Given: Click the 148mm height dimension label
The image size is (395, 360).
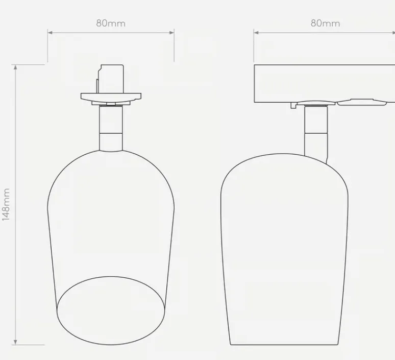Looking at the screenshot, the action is pos(6,204).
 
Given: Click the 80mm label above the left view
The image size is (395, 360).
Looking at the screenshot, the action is pos(111,23).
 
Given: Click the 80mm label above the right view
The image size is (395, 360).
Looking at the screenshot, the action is pos(325,23).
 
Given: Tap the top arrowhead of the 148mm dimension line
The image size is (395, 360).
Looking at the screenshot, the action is pos(15,67).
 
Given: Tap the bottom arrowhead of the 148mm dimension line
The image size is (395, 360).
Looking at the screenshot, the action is pos(15,342).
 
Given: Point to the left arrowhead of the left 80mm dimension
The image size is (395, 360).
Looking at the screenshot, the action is pos(50,33).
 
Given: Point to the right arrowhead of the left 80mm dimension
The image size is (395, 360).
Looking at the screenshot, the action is pos(172,33).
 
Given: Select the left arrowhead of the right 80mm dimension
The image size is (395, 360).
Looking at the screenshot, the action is pos(256,33).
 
